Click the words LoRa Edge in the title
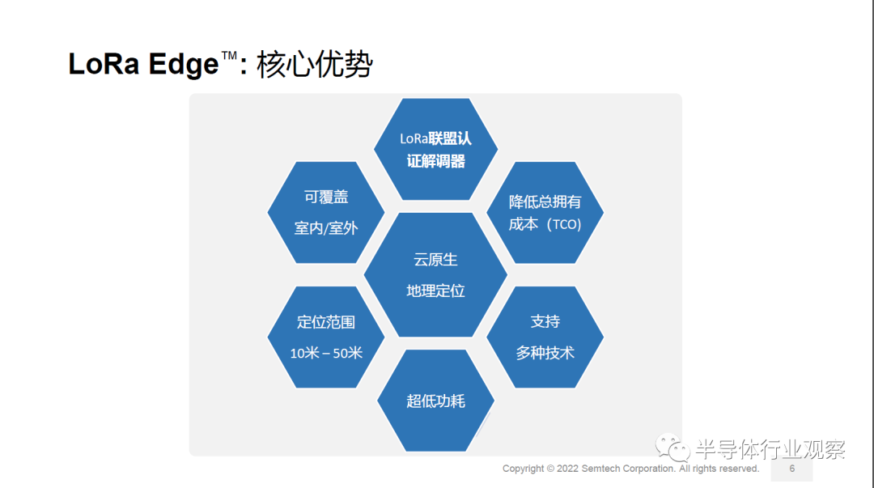pyautogui.click(x=143, y=64)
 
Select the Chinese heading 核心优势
pyautogui.click(x=314, y=64)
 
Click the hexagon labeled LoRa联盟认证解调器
pyautogui.click(x=436, y=150)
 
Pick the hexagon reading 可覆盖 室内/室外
pyautogui.click(x=326, y=213)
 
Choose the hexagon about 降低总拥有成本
pyautogui.click(x=545, y=213)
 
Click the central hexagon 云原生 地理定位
pyautogui.click(x=436, y=275)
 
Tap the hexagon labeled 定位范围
pyautogui.click(x=326, y=337)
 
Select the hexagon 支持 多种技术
pyautogui.click(x=545, y=337)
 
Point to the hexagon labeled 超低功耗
pyautogui.click(x=436, y=401)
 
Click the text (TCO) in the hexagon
pyautogui.click(x=563, y=224)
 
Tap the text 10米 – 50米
pyautogui.click(x=326, y=353)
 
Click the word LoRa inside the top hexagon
pyautogui.click(x=414, y=139)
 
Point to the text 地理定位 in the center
pyautogui.click(x=436, y=291)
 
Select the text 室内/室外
pyautogui.click(x=326, y=228)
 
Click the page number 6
pyautogui.click(x=792, y=469)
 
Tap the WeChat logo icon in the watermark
pyautogui.click(x=672, y=448)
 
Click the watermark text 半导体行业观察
pyautogui.click(x=771, y=449)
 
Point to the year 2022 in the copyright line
pyautogui.click(x=567, y=469)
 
